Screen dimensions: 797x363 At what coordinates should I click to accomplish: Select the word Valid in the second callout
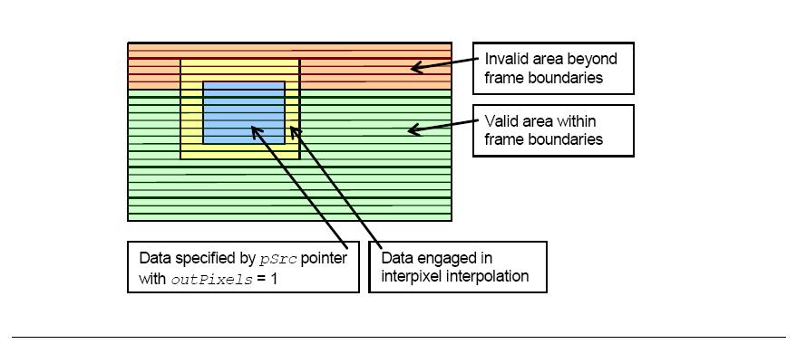pos(499,121)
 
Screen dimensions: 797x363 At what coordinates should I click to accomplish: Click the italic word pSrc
pos(277,259)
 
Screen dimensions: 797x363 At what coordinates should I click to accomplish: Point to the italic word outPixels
pos(211,279)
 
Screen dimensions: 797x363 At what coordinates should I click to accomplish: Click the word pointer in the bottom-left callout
pos(324,258)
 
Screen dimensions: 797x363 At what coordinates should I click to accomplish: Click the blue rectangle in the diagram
pos(244,113)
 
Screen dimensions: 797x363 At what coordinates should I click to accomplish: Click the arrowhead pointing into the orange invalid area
pos(417,67)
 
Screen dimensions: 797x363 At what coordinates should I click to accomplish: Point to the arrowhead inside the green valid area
pos(415,130)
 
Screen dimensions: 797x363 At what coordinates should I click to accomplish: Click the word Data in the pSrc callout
pos(155,258)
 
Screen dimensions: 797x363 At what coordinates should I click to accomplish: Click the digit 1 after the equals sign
pos(274,279)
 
